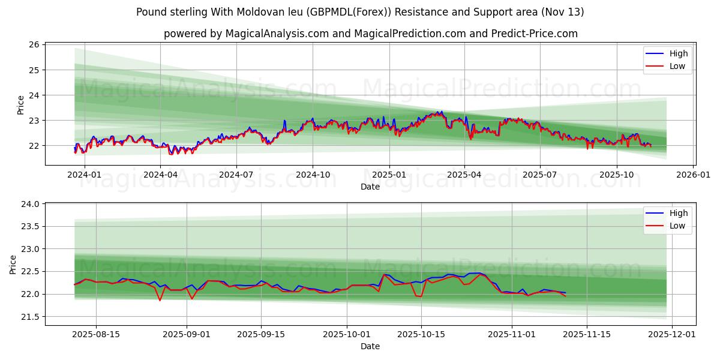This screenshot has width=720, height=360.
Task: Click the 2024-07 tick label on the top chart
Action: [x=236, y=174]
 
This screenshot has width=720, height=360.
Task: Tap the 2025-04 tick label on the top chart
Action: [x=464, y=174]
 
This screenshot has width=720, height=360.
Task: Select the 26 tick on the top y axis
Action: [x=34, y=45]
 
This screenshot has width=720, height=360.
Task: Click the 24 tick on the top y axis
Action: [x=34, y=95]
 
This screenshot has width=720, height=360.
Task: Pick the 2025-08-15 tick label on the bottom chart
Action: [x=95, y=334]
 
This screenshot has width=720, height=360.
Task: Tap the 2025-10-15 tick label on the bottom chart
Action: [x=421, y=334]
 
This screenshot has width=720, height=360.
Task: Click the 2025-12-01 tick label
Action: [x=672, y=334]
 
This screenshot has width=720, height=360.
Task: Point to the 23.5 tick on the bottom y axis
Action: [x=29, y=227]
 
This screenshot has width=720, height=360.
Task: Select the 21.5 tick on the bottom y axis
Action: [x=29, y=317]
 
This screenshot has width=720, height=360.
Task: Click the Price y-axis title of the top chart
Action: [x=21, y=105]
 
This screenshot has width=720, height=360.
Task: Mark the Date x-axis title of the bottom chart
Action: [x=370, y=346]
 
